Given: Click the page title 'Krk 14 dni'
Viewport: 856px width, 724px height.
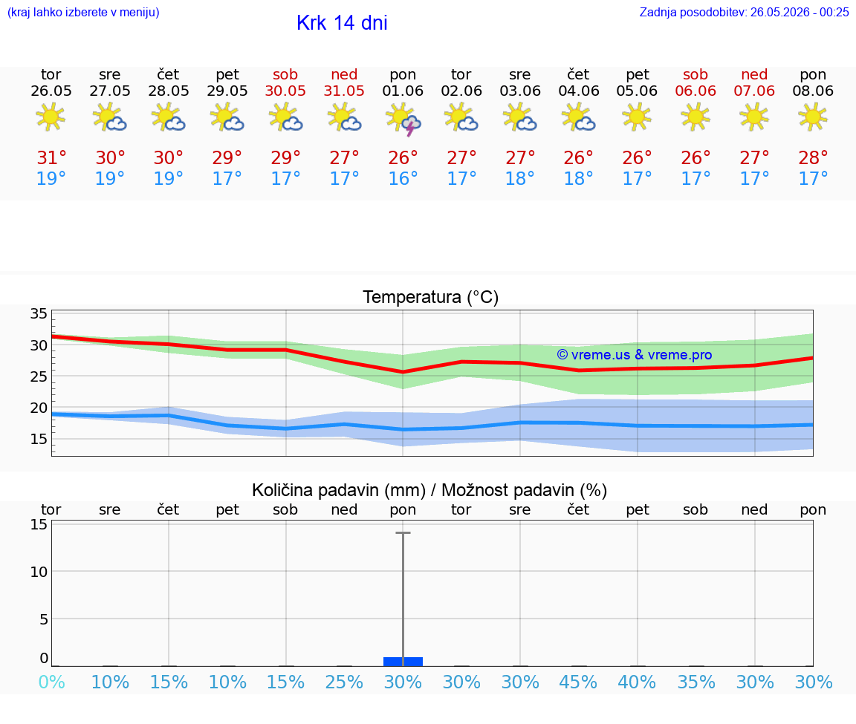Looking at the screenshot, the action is pos(342,23).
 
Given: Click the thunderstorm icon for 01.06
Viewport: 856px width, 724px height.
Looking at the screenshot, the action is pos(403,120).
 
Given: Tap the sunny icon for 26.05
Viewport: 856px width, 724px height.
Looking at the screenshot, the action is pos(51,118).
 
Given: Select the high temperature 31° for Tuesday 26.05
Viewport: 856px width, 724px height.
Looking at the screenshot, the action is pos(51,157).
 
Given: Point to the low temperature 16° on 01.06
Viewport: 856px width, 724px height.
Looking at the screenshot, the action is pos(403,178).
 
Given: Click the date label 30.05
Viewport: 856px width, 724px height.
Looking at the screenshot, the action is pos(285,91).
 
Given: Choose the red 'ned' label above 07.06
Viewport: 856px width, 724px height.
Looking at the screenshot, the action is pos(754,74).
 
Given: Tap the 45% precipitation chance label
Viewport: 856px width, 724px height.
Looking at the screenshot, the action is pos(578,682).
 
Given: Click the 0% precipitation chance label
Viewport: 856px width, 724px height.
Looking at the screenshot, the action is pos(51,682).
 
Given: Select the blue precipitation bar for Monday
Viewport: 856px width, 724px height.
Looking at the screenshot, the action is pos(403,662).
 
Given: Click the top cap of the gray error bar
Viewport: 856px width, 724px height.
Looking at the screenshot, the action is pos(403,532).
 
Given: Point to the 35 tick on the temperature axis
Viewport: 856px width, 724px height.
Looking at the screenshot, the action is pos(39,313).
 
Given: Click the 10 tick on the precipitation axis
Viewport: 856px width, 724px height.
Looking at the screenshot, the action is pos(39,571).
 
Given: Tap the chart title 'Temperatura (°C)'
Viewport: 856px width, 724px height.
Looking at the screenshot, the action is pos(431,297).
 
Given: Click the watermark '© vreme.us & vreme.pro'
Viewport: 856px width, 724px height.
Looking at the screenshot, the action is pos(635,355).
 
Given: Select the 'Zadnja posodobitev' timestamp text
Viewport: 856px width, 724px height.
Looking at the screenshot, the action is pos(744,12).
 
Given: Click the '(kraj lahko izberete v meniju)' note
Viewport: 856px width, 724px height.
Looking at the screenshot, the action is pos(83,12).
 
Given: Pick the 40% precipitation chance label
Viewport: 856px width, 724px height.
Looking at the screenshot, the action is pos(637,682).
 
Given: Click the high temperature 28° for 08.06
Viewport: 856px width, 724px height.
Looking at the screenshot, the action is pos(813,157).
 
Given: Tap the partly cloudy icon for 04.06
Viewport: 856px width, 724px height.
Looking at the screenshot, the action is pos(579,118).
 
